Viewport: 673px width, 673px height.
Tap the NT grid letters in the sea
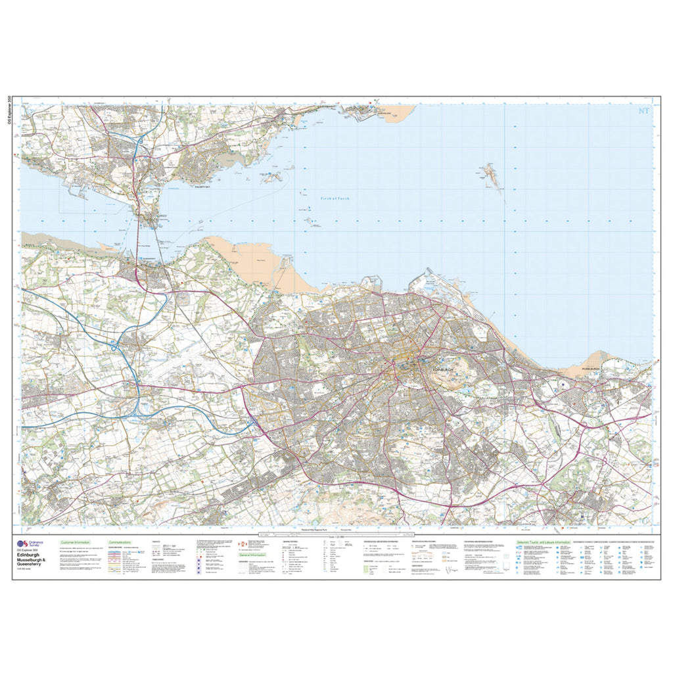pos(643,111)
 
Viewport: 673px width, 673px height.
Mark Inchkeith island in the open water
pos(490,175)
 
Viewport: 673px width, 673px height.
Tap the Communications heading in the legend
pos(119,542)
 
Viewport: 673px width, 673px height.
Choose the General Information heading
pos(253,555)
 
